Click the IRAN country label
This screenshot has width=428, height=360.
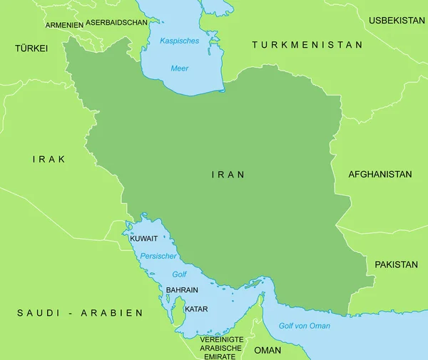228,174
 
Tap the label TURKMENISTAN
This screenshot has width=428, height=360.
307,45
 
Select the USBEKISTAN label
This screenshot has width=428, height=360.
397,21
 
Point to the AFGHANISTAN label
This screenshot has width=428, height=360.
379,174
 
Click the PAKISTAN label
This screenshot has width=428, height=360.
396,264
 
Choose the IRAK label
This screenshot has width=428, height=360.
49,159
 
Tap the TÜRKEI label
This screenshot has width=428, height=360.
31,48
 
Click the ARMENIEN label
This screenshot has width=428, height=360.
64,25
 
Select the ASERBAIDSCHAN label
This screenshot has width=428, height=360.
116,22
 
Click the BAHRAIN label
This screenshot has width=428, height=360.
182,291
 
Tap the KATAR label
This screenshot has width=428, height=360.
196,309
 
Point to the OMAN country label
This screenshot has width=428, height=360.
267,350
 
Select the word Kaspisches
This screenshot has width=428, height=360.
180,41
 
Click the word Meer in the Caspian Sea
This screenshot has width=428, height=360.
180,68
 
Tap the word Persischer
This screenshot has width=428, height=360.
158,256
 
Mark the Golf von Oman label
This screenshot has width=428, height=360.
305,326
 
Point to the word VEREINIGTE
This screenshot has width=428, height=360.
222,339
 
